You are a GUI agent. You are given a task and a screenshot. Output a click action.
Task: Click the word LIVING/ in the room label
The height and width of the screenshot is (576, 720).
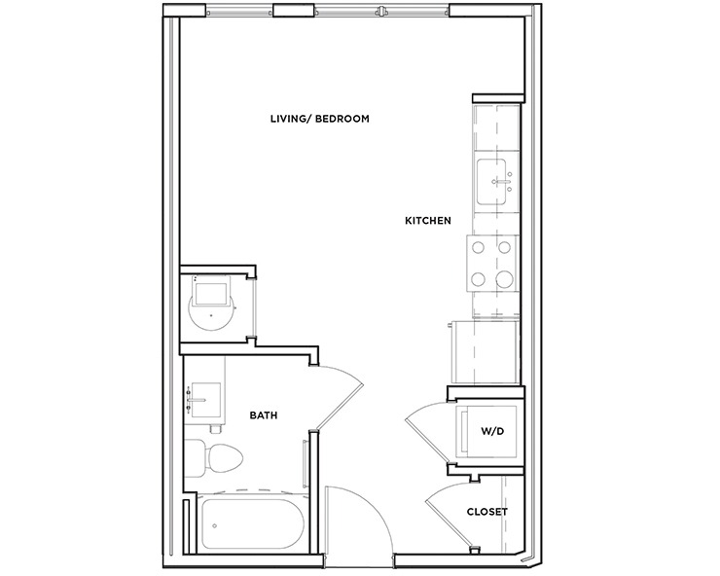288,119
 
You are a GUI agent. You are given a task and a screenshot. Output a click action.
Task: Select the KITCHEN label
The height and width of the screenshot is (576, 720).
427,221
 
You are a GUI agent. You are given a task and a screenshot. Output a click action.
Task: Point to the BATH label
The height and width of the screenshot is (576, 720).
264,415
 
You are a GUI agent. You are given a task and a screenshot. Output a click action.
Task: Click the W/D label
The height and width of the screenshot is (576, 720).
492,429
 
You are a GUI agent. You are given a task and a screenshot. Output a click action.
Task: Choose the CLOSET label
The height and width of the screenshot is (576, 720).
486,512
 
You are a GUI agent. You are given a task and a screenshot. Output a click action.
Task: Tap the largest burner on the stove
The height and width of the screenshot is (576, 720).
504,280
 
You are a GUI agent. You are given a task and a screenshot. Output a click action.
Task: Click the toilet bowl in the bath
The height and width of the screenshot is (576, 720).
223,457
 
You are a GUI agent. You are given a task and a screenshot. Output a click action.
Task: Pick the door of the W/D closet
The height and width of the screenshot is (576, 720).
426,428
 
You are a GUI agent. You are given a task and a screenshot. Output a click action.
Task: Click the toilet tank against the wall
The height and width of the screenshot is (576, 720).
193,457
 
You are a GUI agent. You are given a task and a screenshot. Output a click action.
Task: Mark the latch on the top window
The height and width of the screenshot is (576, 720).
382,13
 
